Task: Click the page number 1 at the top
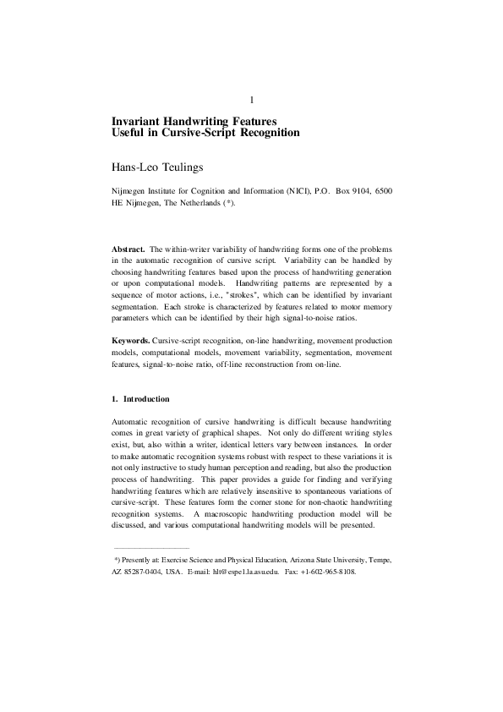point(251,101)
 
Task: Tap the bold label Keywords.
point(131,339)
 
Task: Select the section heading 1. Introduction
point(140,398)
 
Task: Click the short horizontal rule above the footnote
point(150,548)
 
